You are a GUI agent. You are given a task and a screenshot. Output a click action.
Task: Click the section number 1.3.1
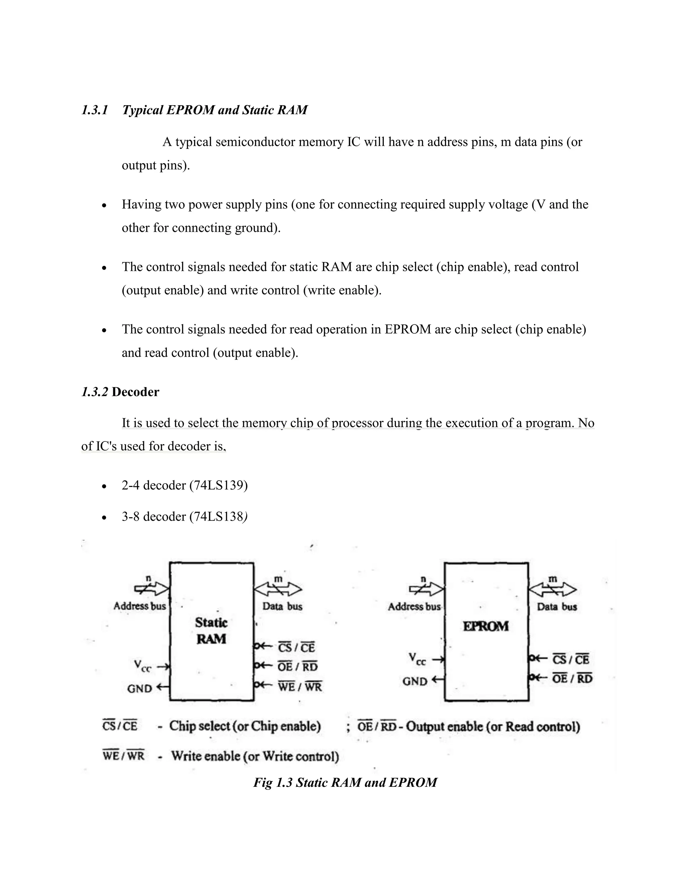(94, 110)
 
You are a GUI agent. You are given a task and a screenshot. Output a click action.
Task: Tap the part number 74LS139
(219, 485)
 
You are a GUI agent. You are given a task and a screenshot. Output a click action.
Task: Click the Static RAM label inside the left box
(211, 630)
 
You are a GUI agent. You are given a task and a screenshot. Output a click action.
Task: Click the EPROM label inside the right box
(485, 626)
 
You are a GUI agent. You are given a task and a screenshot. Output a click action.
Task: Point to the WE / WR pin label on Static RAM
(300, 686)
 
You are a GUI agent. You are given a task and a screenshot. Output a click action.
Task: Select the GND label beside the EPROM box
(415, 681)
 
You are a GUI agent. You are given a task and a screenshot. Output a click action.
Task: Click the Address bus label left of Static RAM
(140, 606)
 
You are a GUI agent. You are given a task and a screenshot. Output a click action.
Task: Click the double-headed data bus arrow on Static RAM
(278, 589)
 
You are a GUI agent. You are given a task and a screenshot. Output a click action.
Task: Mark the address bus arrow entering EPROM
(426, 589)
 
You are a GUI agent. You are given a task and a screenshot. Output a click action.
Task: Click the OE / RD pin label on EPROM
(572, 678)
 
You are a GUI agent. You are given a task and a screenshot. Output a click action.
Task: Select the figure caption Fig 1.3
(345, 782)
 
